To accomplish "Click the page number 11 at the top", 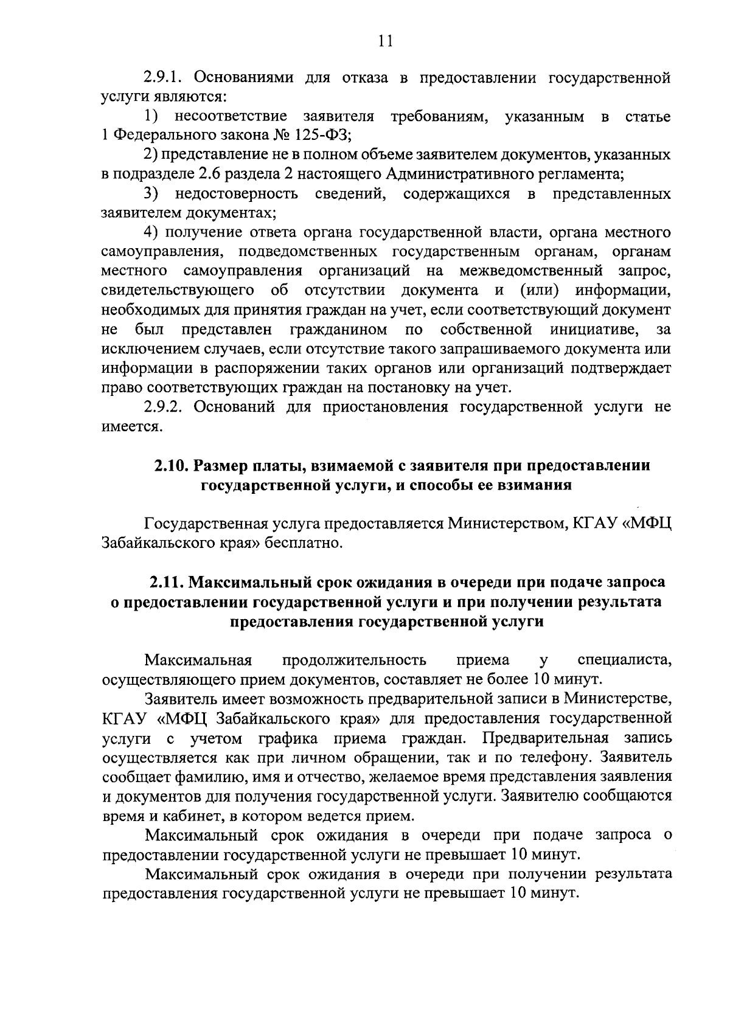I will click(x=385, y=41).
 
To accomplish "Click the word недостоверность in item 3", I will click(x=236, y=193).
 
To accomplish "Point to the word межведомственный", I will click(x=531, y=271).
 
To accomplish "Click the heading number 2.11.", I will click(x=167, y=582).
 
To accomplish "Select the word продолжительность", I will click(x=355, y=660).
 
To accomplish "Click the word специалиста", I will click(x=624, y=660).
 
